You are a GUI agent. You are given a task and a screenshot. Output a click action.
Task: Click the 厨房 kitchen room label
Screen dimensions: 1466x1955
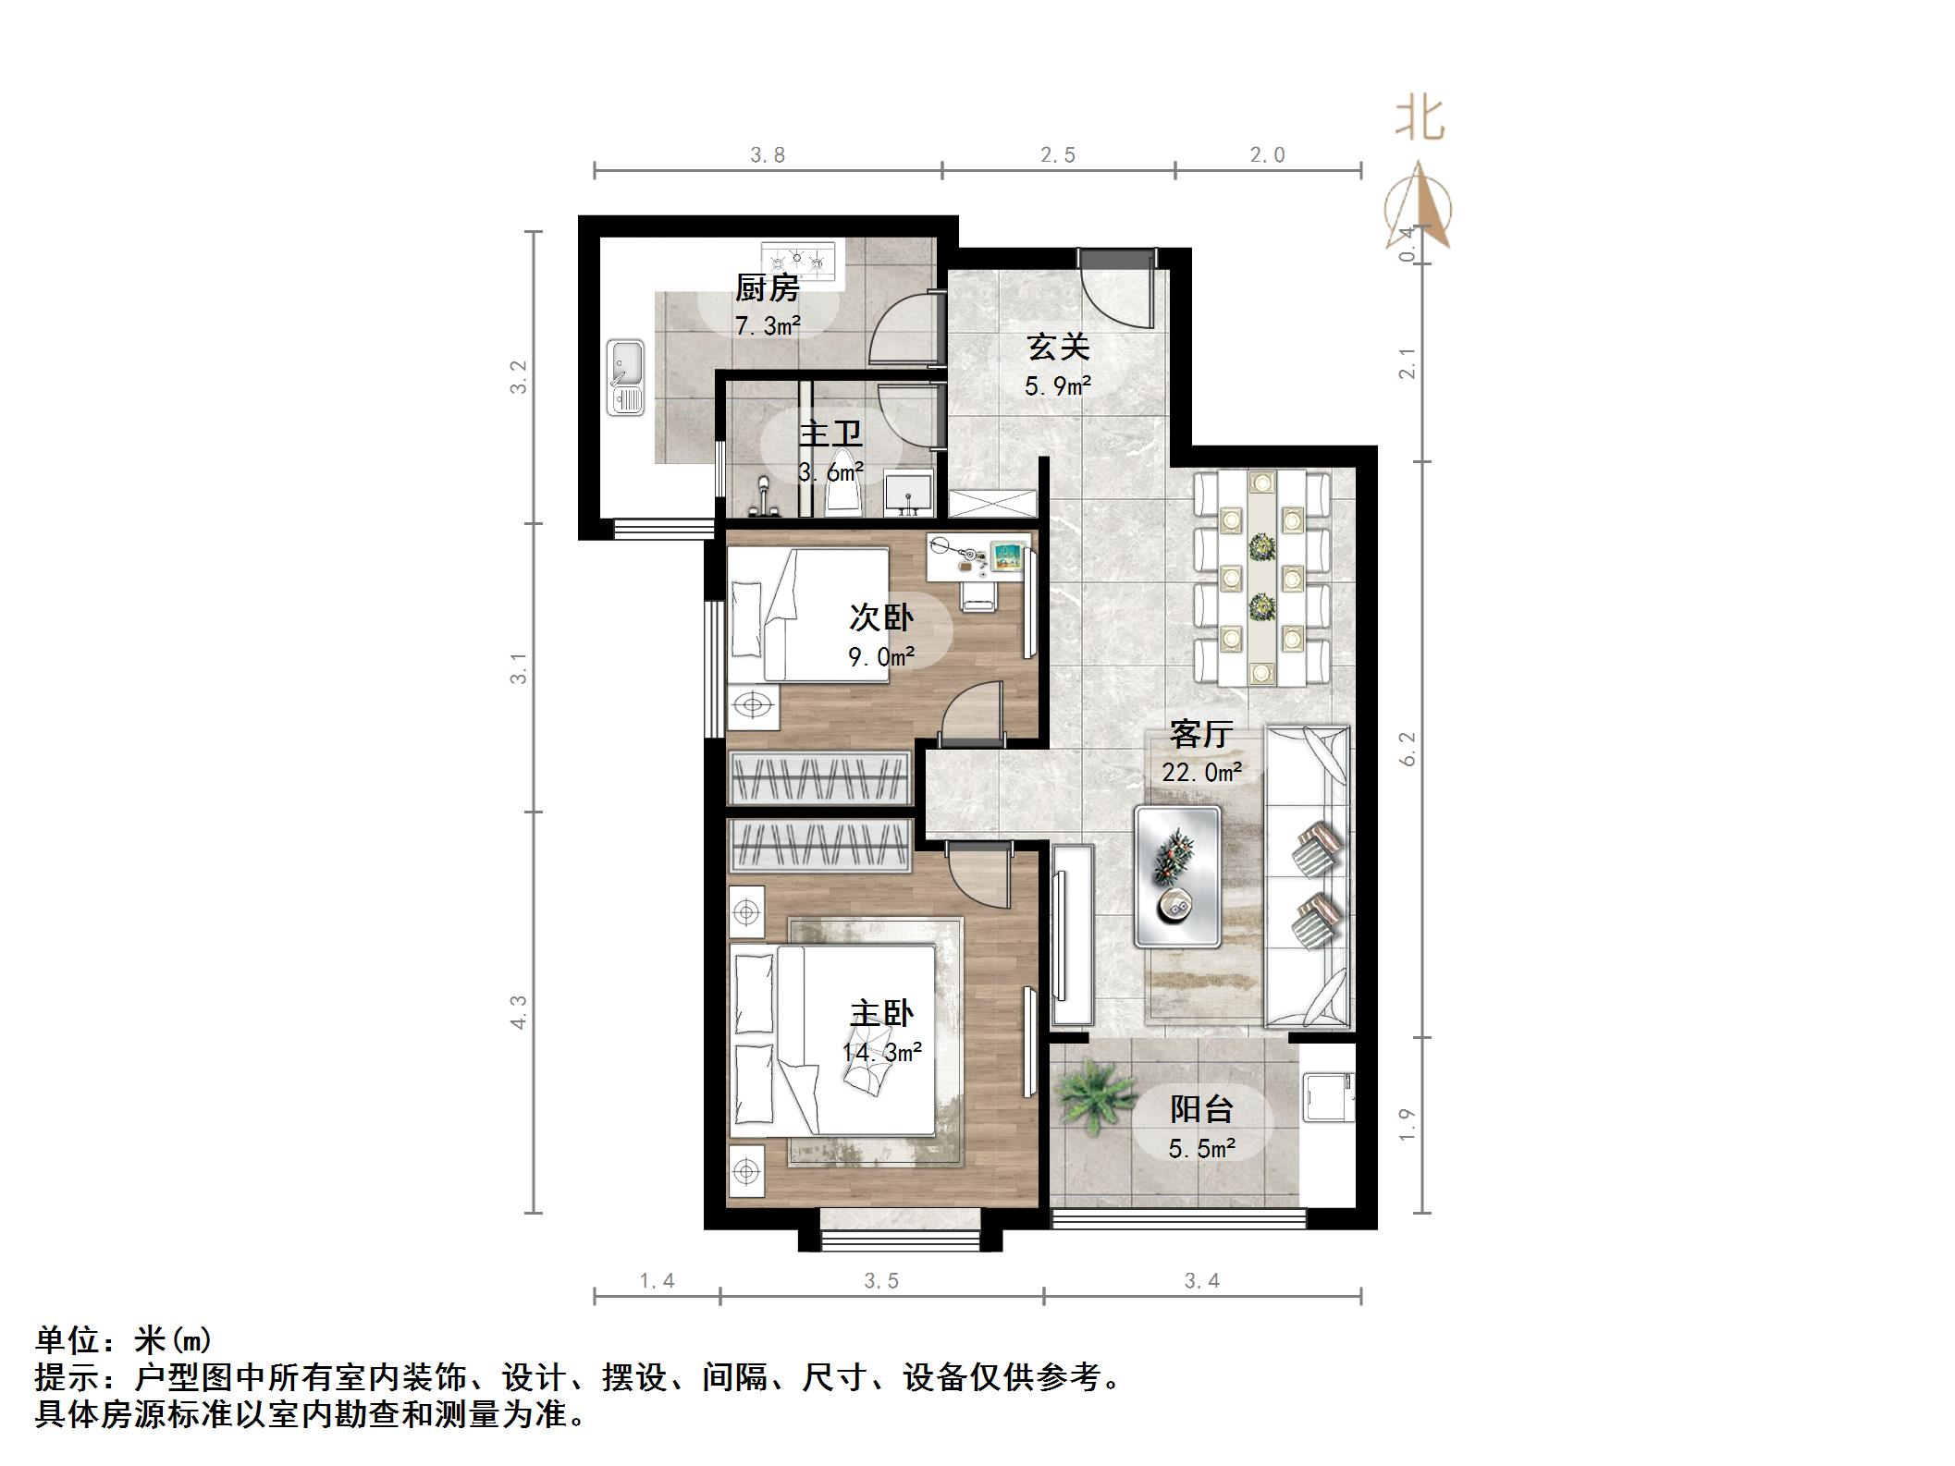coord(767,288)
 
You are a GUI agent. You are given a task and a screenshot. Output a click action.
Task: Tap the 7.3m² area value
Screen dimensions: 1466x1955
coord(767,325)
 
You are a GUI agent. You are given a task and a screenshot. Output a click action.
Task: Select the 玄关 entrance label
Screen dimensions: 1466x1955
coord(1058,348)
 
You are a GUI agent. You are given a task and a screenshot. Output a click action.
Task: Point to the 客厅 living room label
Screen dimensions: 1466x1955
coord(1200,734)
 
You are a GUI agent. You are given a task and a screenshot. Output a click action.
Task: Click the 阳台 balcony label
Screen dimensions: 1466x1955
coord(1201,1109)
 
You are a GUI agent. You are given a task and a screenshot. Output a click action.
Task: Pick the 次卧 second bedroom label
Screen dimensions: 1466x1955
coord(881,617)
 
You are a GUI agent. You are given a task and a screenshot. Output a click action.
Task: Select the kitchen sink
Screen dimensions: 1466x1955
coord(626,377)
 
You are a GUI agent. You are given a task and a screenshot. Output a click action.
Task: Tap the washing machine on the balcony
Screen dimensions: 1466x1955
coord(1327,1096)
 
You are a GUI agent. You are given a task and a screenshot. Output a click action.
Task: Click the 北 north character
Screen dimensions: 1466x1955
coord(1419,120)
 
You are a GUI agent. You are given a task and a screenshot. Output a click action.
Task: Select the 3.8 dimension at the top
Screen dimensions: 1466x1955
coord(767,155)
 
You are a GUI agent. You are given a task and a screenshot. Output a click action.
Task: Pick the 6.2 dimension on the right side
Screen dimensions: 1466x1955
coord(1408,749)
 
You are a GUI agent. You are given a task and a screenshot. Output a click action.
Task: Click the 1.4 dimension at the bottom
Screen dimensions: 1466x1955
coord(657,1281)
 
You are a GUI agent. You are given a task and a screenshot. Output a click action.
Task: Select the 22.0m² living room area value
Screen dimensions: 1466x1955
coord(1200,771)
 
